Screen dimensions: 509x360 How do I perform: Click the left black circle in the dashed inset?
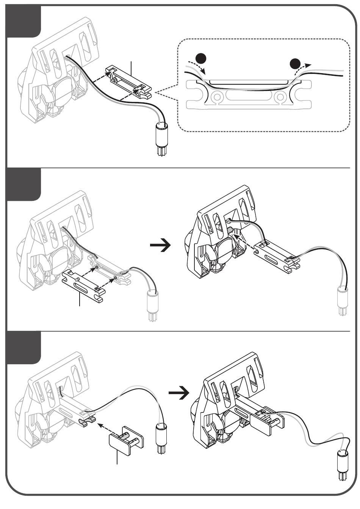click(x=201, y=59)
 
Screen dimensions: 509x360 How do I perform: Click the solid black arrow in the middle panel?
click(x=160, y=246)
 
